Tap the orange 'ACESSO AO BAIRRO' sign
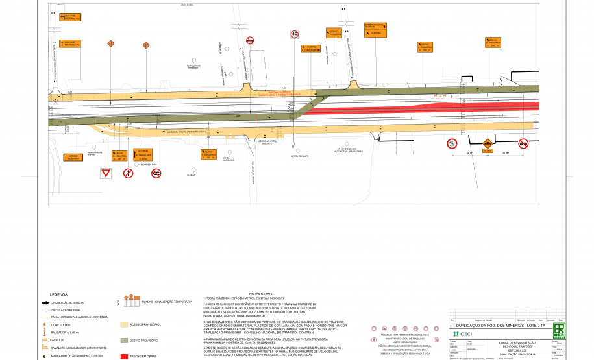coord(73,156)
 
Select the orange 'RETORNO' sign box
coord(143,154)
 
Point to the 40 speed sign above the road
coord(294,34)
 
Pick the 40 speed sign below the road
coord(452,143)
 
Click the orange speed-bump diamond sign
coord(488,143)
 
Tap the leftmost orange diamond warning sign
coord(111,43)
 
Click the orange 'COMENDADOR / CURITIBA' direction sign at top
coord(375,30)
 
